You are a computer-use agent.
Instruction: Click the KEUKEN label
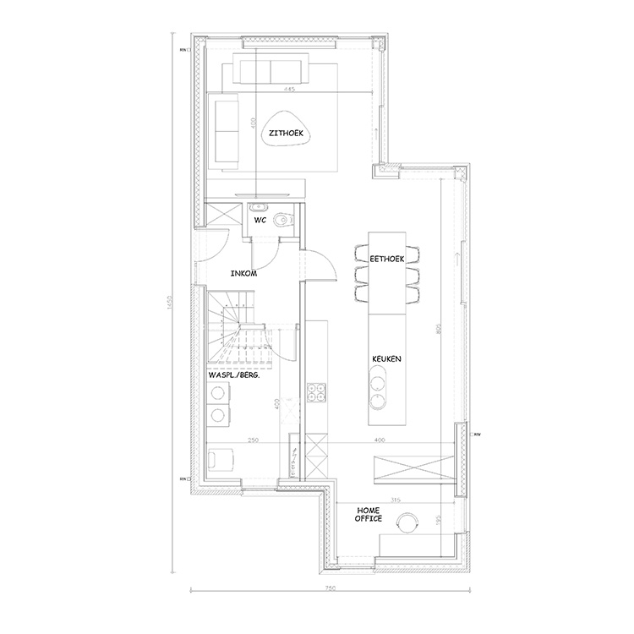[x=385, y=359]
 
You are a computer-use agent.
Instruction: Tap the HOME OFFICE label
[x=369, y=515]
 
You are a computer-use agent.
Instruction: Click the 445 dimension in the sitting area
[x=289, y=90]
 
